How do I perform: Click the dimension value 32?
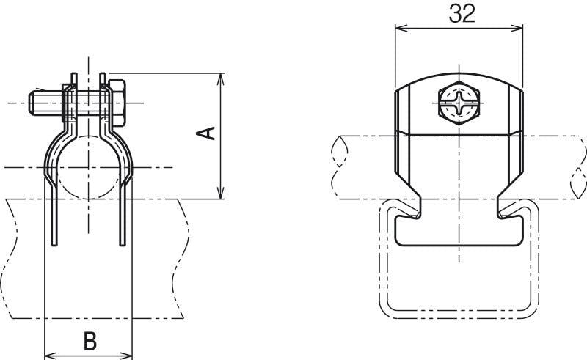[x=459, y=13]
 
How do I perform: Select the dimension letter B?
[x=89, y=340]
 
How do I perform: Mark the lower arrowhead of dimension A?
[x=221, y=194]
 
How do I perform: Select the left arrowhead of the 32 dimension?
[x=399, y=28]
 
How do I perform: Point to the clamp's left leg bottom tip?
[x=52, y=243]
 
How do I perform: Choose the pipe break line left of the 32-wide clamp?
[x=338, y=167]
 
